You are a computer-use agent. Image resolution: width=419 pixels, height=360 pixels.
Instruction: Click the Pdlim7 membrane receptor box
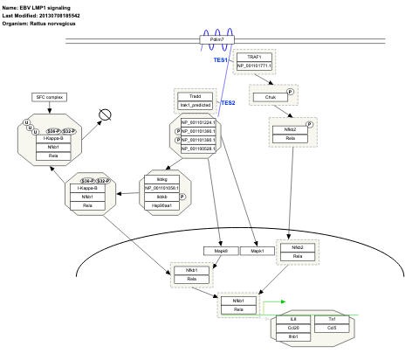click(x=217, y=40)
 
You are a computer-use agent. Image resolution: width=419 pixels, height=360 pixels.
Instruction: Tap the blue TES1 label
click(x=221, y=59)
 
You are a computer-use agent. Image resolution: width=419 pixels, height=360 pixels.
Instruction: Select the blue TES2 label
click(x=228, y=102)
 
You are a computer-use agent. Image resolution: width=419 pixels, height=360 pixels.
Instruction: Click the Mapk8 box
click(x=220, y=251)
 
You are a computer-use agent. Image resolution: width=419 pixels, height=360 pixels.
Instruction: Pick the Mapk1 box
click(x=257, y=251)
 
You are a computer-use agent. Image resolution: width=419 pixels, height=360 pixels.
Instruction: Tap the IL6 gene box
click(x=294, y=321)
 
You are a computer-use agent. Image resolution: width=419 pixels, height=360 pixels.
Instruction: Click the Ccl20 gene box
click(x=294, y=329)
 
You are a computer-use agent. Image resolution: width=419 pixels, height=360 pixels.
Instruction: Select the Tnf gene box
click(x=331, y=321)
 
